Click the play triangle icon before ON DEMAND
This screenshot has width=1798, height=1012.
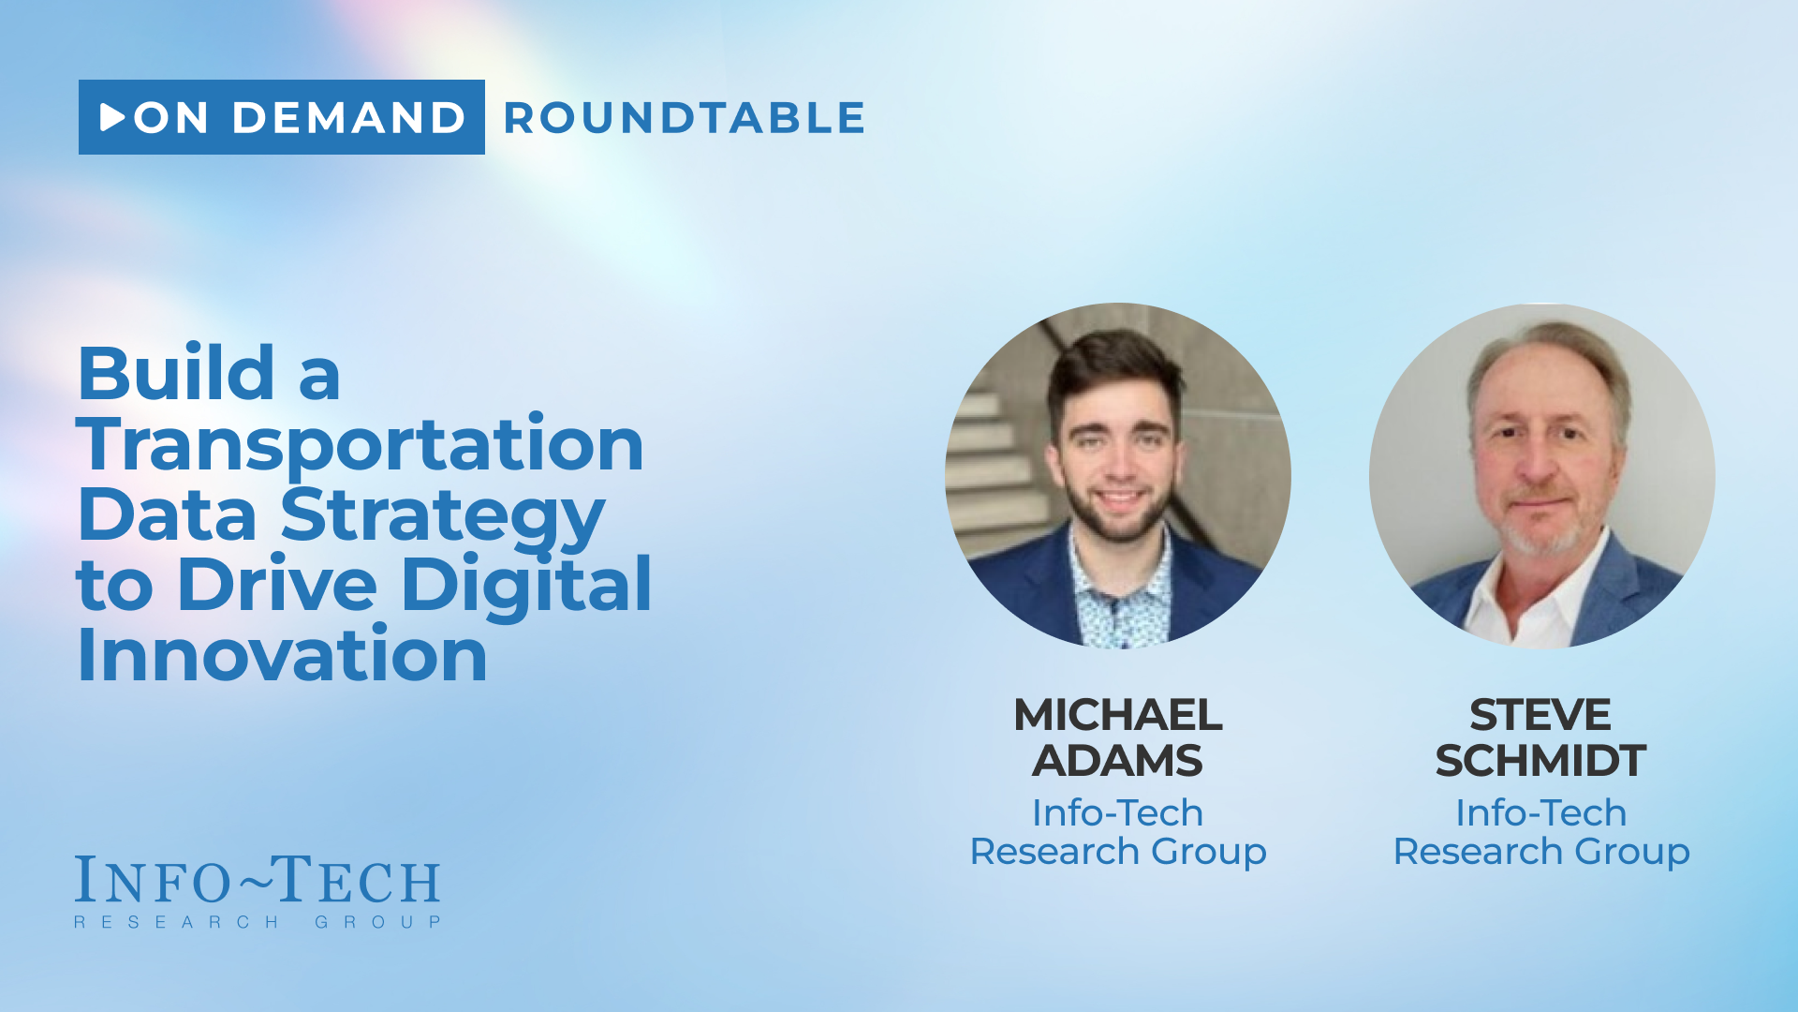112,117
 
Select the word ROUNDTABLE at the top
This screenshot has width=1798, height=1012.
685,118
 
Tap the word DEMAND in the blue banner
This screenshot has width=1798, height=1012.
348,118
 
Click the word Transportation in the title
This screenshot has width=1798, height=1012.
361,444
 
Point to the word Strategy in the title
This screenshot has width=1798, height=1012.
443,515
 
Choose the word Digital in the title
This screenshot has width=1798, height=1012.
526,585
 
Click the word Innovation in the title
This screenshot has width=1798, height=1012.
282,653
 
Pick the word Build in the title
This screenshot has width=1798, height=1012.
177,373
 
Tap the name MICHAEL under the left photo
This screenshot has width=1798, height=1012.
1118,715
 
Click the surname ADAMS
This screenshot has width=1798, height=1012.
1117,760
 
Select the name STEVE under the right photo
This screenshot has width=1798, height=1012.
1540,715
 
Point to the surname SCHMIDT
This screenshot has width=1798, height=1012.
1540,760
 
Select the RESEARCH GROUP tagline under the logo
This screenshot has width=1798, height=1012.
258,922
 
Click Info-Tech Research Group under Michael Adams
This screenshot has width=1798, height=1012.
1118,832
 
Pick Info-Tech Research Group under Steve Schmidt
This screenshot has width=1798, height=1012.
1541,832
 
